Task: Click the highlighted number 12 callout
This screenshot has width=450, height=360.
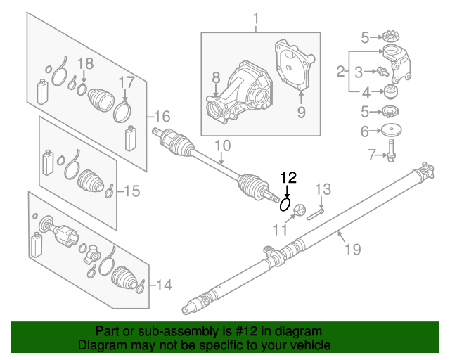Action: [x=289, y=178]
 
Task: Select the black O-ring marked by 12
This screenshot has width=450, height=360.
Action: [x=285, y=204]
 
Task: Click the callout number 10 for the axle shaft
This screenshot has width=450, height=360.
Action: [x=222, y=147]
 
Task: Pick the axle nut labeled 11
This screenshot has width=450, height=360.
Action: [x=299, y=210]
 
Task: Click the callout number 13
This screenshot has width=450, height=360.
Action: [x=322, y=188]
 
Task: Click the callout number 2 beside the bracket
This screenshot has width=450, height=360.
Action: [x=340, y=71]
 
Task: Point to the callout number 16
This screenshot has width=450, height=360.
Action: [x=162, y=116]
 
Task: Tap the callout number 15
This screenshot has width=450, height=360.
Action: [x=131, y=191]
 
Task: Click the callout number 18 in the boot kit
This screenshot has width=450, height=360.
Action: [x=84, y=64]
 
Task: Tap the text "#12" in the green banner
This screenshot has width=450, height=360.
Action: [x=218, y=331]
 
